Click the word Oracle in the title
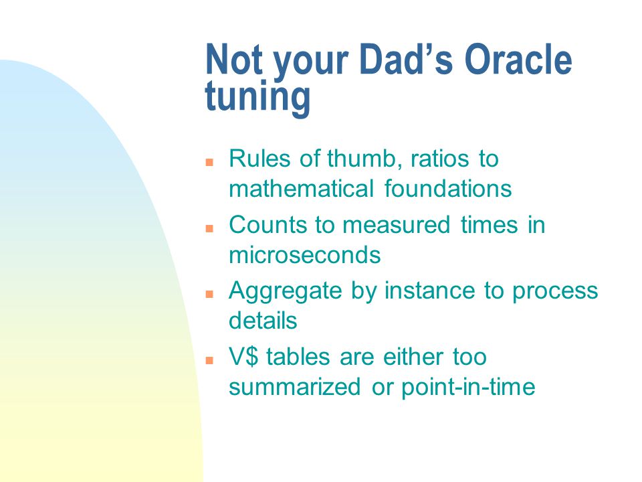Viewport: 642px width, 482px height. click(518, 60)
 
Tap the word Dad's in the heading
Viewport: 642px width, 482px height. click(405, 60)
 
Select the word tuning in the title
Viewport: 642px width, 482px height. click(257, 97)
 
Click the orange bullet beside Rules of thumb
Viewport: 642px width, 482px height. click(209, 162)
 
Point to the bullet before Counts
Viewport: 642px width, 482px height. click(209, 228)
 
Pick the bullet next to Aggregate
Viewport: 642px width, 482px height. click(209, 294)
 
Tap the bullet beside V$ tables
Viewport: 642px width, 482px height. click(209, 360)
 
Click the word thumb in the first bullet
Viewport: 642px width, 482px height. click(362, 159)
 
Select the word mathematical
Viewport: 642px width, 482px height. click(302, 189)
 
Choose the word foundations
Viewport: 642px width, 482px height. click(448, 189)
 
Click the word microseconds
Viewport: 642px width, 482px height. click(305, 255)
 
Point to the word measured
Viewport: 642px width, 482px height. click(396, 225)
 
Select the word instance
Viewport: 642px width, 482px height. click(429, 291)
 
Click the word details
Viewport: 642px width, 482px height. click(263, 321)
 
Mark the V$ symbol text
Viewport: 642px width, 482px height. click(243, 357)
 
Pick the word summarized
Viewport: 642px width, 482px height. click(295, 387)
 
